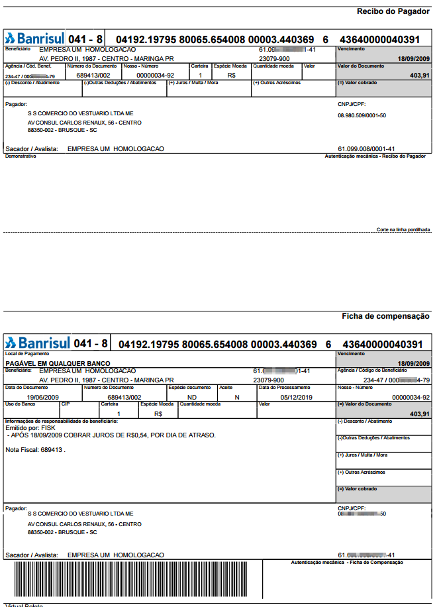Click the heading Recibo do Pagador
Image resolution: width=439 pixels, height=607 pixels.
(393, 11)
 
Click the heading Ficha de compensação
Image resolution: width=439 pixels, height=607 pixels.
(385, 316)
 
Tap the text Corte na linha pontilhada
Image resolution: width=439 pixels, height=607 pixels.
(403, 229)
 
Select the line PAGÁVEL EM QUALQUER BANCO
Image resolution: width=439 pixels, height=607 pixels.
(58, 363)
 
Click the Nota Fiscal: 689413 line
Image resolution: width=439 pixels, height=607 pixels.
(36, 450)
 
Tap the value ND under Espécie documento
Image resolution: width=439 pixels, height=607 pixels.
(192, 398)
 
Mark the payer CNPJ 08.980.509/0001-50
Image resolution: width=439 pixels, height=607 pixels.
(362, 115)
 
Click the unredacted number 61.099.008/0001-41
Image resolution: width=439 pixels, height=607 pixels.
(366, 148)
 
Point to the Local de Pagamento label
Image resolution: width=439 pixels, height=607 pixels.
(23, 354)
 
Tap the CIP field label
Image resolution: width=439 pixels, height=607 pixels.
(66, 404)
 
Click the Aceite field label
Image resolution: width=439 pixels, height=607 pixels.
(226, 387)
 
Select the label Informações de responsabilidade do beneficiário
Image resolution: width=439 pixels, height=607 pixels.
(61, 421)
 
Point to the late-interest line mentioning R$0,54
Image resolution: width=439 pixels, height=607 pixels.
(111, 435)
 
